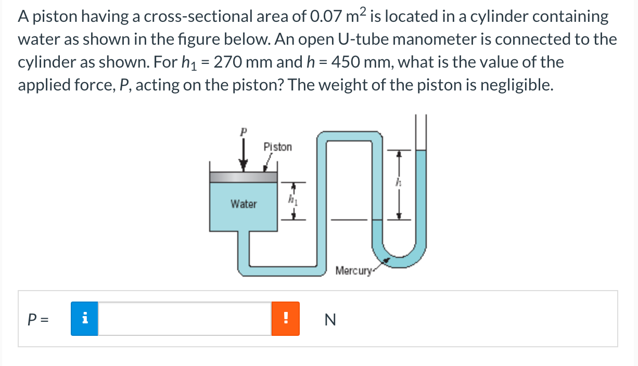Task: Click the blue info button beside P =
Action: coord(84,319)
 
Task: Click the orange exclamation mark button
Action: coord(285,319)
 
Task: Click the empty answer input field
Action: coord(184,319)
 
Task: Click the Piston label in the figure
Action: coord(278,147)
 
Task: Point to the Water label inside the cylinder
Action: coord(244,204)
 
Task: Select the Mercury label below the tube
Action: coord(354,271)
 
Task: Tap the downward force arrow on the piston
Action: coord(243,155)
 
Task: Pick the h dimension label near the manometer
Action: coord(399,183)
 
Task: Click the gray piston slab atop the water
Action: coord(243,177)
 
